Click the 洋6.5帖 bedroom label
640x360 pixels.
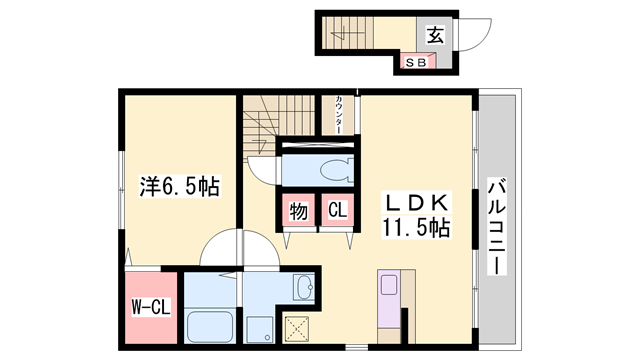tap(179, 186)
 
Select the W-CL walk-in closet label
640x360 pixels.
tap(148, 307)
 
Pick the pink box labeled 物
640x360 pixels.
tap(299, 211)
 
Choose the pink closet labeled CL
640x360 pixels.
tap(338, 211)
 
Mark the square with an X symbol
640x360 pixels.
tap(298, 328)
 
